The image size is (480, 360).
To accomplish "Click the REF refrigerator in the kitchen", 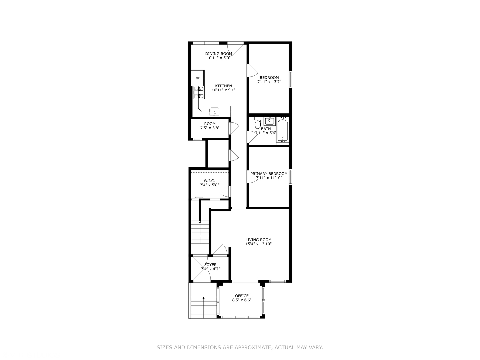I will (x=197, y=78).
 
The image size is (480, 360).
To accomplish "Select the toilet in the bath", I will (x=257, y=124).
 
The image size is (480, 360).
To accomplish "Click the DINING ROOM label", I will (x=219, y=54).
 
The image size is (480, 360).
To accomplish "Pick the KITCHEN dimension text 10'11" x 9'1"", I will (x=223, y=90).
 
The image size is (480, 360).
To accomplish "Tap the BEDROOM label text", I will (x=269, y=78).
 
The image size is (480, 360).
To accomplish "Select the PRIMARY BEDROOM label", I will (x=269, y=174).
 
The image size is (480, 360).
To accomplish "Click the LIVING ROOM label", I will (x=258, y=240).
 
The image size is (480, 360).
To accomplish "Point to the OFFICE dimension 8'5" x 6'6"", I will (x=242, y=300).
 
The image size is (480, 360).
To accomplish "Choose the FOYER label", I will (x=210, y=265).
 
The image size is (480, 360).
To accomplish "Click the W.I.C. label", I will (x=209, y=181).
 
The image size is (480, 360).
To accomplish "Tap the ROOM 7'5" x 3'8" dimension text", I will (x=210, y=128).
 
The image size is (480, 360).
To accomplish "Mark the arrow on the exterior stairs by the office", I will (x=203, y=298).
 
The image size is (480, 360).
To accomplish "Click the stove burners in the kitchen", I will (x=201, y=92).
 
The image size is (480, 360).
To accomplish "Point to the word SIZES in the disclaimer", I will (x=164, y=348).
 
